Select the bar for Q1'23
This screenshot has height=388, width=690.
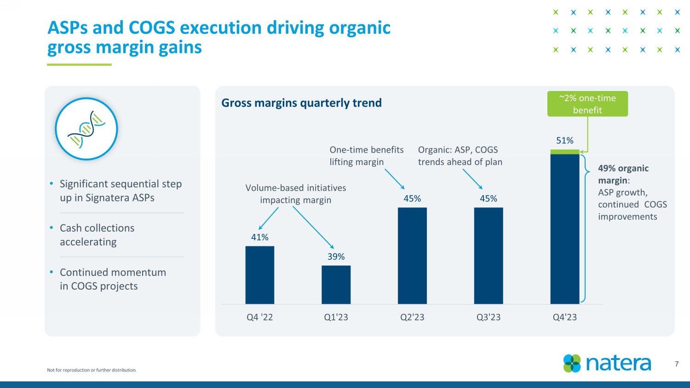point(336,285)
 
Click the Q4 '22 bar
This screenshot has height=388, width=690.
point(259,275)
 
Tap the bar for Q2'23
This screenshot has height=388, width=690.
point(412,256)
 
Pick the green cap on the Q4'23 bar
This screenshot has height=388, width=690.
point(564,152)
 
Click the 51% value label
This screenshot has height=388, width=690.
point(564,141)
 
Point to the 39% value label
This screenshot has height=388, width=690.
point(336,257)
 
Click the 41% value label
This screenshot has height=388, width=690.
point(259,237)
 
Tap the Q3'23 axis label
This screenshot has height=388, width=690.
point(488,317)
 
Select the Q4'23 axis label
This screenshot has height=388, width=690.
point(564,317)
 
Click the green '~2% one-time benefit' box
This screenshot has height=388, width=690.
point(587,104)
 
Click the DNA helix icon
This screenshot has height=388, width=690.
point(86,129)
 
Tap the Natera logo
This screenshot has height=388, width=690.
point(607,363)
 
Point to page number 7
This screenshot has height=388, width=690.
point(677,364)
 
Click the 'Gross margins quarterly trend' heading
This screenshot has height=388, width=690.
point(301,103)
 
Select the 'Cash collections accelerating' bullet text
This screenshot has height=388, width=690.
point(97,235)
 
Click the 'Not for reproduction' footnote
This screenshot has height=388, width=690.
point(92,370)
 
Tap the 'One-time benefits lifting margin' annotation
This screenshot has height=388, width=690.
point(366,156)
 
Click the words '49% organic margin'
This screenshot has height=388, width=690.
point(623,174)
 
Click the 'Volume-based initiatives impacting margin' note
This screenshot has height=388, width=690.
point(295,194)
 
